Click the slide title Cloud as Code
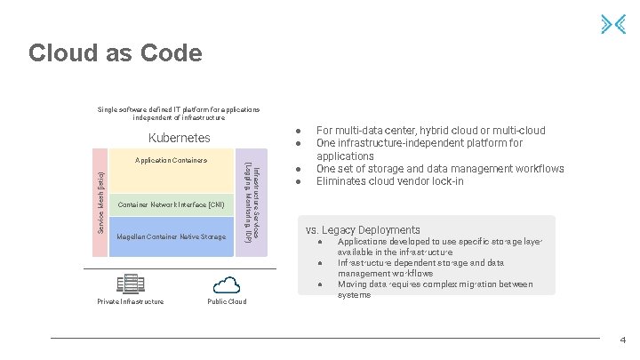point(116,53)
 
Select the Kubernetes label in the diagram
point(180,138)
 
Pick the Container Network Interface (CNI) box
point(171,204)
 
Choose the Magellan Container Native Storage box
point(171,237)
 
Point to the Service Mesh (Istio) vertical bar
point(100,203)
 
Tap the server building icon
point(130,284)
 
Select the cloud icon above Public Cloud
point(227,284)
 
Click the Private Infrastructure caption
point(130,302)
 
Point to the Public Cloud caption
point(227,302)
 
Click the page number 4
point(622,340)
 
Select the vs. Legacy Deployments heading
point(363,229)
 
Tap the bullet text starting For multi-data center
point(430,131)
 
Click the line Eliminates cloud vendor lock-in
point(389,181)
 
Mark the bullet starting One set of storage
point(440,169)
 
